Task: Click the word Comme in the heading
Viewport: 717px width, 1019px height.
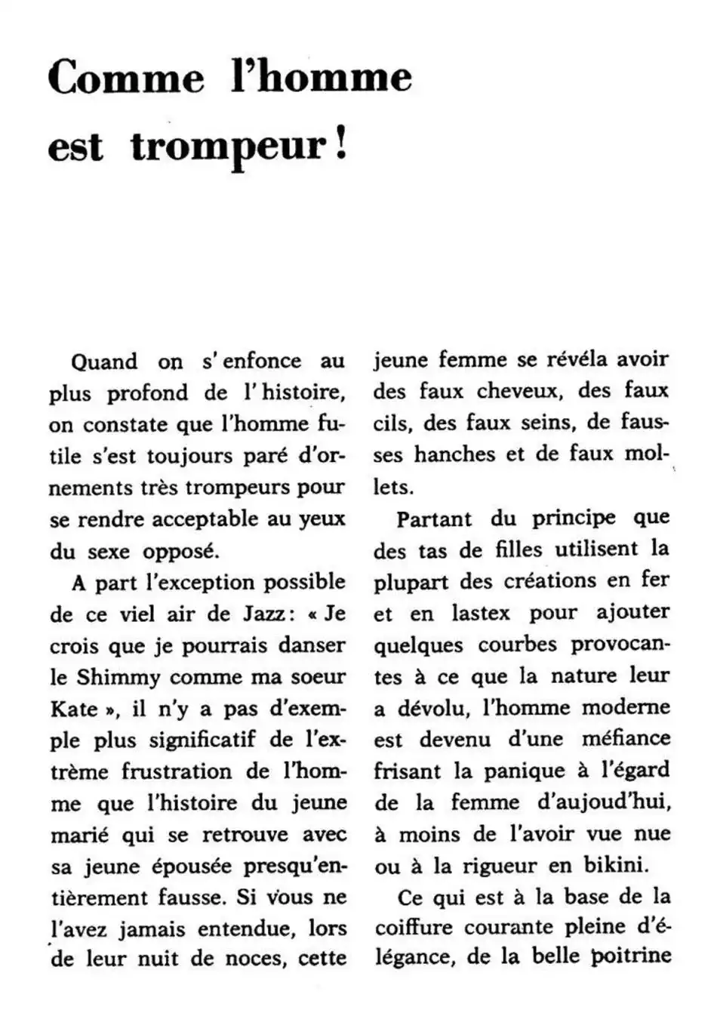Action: pyautogui.click(x=126, y=79)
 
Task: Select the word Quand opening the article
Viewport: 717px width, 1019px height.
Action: pyautogui.click(x=104, y=361)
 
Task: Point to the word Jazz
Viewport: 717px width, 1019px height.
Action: pyautogui.click(x=256, y=614)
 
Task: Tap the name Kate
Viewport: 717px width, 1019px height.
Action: pyautogui.click(x=75, y=709)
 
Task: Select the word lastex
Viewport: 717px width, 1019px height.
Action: pyautogui.click(x=481, y=613)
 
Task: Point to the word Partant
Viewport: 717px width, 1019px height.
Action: pyautogui.click(x=434, y=519)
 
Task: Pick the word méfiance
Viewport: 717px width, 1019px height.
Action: pyautogui.click(x=626, y=739)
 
